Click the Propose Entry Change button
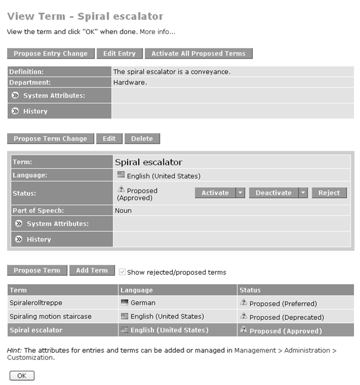51,54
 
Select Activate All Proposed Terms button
198,54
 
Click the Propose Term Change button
50,139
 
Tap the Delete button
142,139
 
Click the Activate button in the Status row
215,193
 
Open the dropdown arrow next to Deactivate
303,193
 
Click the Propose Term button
37,271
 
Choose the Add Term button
92,271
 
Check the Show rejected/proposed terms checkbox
122,272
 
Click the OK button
22,375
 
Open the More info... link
157,32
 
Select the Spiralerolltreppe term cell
36,303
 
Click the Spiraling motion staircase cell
51,316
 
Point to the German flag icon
125,303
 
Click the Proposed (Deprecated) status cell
286,317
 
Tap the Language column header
136,290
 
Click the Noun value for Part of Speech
123,210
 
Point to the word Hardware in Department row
129,83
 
